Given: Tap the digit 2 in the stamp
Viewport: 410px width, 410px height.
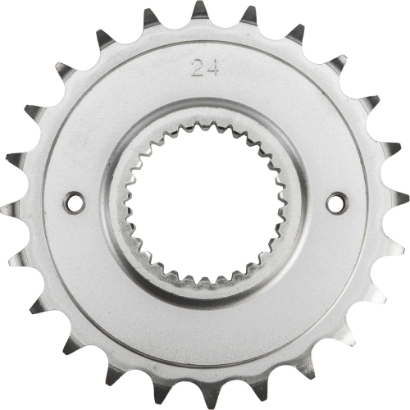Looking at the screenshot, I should pyautogui.click(x=197, y=67).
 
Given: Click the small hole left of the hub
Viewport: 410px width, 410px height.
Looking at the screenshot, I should pyautogui.click(x=73, y=198).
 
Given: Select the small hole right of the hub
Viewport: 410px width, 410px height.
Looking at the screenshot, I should pyautogui.click(x=335, y=201).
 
